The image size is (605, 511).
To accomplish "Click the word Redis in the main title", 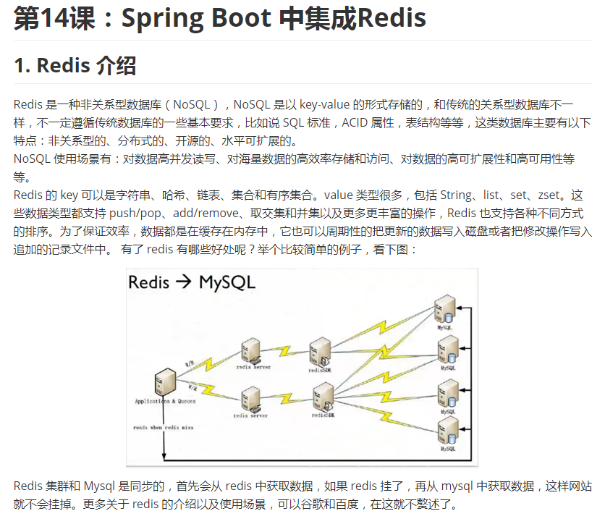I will [x=392, y=19].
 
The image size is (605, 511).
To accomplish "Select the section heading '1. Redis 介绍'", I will [x=75, y=66].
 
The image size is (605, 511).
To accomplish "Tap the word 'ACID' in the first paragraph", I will [x=355, y=122].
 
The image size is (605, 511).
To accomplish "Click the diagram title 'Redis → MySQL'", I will [x=191, y=282].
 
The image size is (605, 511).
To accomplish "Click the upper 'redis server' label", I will [x=253, y=368].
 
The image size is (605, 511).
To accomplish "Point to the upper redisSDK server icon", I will [x=319, y=350].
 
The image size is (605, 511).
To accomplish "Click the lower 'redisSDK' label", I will [x=323, y=415].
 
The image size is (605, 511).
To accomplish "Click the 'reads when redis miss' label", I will [x=163, y=428].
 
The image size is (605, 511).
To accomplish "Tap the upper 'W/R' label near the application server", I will [x=190, y=363].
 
